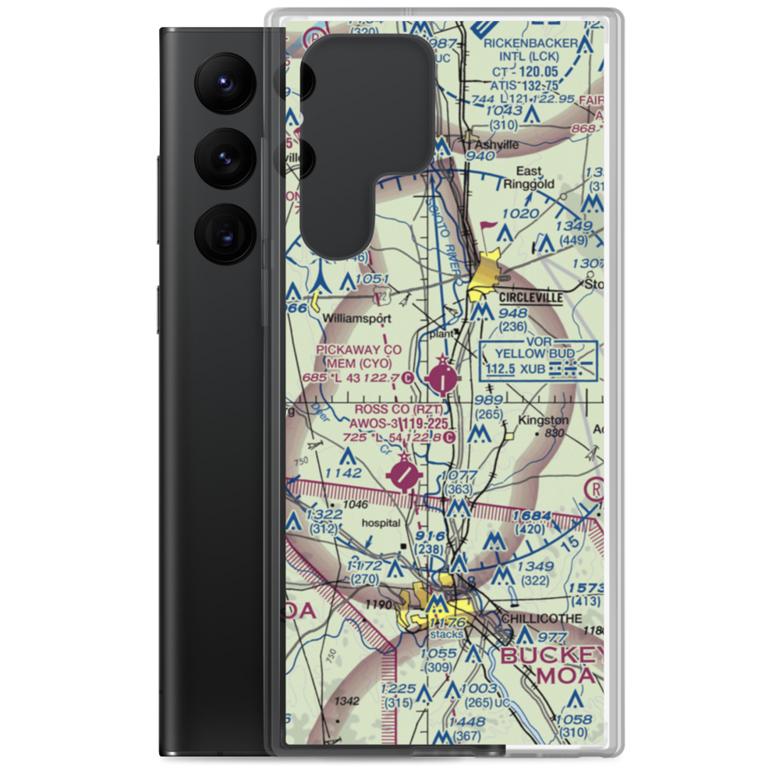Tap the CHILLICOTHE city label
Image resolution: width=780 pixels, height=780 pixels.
pos(543,618)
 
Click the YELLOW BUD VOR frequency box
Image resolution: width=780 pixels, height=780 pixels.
pos(539,360)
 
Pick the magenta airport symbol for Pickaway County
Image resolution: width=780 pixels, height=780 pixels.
pos(444,380)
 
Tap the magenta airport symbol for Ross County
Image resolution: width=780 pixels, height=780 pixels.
pos(404,476)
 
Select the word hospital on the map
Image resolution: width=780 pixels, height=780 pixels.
pos(381,523)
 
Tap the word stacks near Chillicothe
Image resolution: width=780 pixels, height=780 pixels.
pos(449,634)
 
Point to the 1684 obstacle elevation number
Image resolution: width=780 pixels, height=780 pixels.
pos(532,516)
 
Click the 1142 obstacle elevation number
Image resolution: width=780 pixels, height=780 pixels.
pos(343,473)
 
